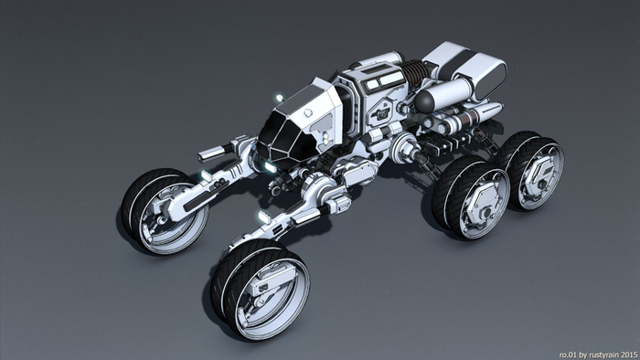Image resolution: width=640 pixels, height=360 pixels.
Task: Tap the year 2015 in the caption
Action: coord(628,353)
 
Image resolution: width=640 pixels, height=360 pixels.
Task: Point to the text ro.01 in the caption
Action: coord(569,353)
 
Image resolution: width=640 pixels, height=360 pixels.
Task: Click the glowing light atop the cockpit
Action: coord(277,97)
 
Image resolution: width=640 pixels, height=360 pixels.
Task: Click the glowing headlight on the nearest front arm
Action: coord(264,217)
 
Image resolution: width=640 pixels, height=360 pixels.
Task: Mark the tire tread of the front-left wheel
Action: coord(137,196)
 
